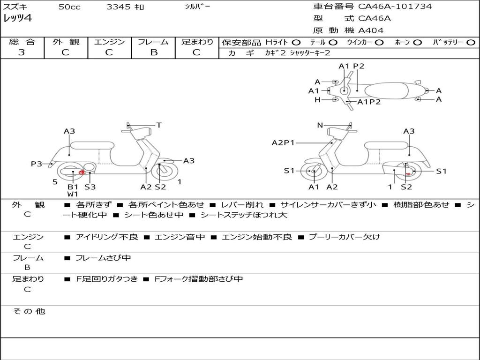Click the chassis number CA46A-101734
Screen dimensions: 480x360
395,7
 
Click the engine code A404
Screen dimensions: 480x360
371,30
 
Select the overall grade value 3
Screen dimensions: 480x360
22,52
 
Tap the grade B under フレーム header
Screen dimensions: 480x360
154,52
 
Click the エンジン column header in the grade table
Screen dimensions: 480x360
109,42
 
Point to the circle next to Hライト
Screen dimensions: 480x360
296,43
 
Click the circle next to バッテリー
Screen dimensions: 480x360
471,43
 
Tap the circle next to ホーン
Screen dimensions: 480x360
417,43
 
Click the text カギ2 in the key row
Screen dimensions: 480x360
275,53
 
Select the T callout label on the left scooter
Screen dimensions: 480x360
159,125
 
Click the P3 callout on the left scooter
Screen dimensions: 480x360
37,164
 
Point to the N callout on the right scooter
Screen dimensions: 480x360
320,125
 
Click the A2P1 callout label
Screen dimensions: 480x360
283,142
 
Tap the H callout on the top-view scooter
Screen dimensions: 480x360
317,99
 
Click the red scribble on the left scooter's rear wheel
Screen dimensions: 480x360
82,172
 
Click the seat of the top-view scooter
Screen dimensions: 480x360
386,90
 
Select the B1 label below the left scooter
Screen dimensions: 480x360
73,187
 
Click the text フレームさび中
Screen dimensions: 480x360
103,258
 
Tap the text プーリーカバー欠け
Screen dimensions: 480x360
345,237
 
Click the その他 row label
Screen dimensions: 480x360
29,311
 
